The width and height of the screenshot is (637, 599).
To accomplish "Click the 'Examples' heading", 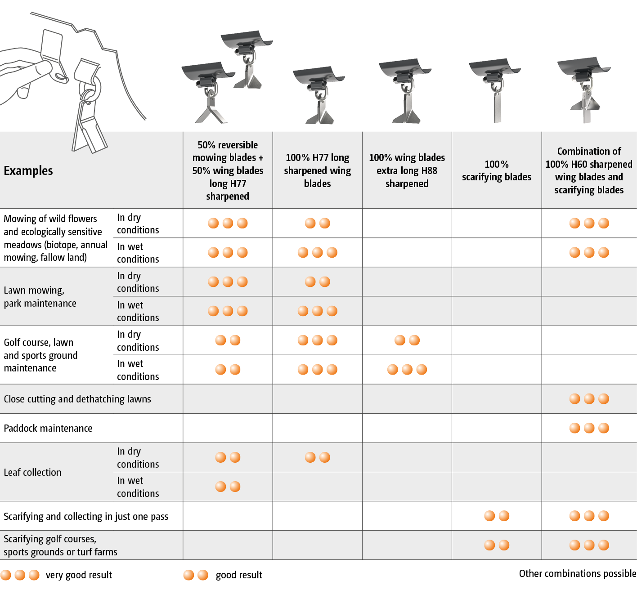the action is tap(28, 170).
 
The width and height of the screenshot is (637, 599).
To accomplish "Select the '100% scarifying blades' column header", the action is tap(496, 170).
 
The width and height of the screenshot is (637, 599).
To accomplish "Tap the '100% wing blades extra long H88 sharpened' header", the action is tap(407, 170).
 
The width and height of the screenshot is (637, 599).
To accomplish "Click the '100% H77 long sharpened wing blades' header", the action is tap(317, 170).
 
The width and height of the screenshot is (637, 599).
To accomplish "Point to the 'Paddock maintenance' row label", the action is tap(48, 428).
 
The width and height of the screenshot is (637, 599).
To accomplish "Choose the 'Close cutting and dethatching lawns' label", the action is tap(77, 399).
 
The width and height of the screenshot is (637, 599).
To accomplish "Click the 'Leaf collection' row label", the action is tap(32, 472).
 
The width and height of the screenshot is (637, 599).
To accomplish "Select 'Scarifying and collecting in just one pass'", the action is tap(86, 516).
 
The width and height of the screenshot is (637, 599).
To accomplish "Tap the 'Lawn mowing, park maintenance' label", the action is tap(40, 297).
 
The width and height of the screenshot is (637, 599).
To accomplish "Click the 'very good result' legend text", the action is tap(79, 575).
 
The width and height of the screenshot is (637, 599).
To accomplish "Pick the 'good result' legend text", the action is tap(239, 575).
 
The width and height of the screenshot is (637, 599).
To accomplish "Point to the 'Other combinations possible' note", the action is tap(577, 573).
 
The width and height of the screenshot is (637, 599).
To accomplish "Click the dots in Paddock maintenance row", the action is tap(589, 428).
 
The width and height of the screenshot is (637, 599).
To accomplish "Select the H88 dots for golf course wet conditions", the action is tap(407, 369).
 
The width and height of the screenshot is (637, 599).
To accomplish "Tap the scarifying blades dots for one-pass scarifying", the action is tap(496, 516).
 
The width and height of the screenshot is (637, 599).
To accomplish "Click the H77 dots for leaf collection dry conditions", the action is tap(317, 457).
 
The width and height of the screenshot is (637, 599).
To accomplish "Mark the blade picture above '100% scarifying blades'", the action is tap(495, 90).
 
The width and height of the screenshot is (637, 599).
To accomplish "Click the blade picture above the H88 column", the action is tap(405, 90).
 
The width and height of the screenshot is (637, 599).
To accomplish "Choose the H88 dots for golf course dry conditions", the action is tap(407, 340).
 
